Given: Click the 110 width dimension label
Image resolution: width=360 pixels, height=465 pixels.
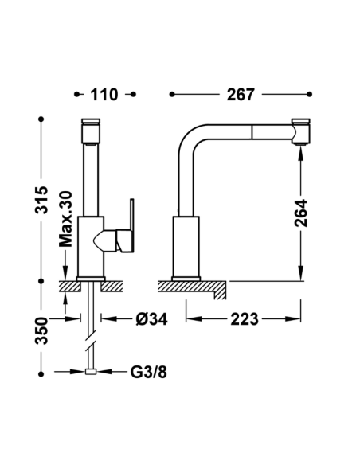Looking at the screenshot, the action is (104, 95).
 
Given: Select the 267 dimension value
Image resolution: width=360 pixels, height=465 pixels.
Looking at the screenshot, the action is (241, 95).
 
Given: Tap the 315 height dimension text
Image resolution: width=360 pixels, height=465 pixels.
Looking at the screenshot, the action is (41, 200).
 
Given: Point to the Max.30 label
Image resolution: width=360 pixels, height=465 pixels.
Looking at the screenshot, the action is (66, 219).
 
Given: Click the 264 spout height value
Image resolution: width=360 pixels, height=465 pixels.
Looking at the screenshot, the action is (301, 213).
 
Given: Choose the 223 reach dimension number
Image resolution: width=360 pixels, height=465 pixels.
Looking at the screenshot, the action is (245, 319).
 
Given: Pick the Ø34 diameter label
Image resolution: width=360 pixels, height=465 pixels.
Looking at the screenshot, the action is (151, 319).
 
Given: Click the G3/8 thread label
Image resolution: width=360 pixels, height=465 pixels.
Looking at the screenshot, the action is (149, 372).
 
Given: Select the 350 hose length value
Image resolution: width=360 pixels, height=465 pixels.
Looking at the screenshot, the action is (41, 330).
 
